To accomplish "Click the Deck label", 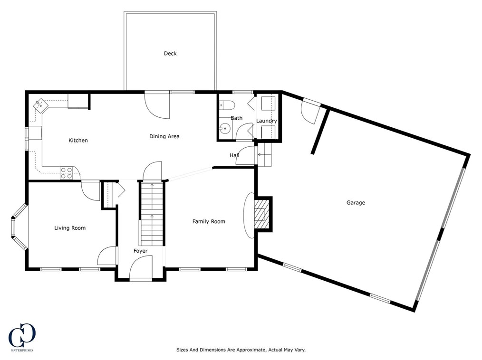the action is tap(170, 54).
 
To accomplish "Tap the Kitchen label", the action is tap(78, 141).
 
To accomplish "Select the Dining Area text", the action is tap(164, 136).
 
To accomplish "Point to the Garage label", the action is tap(356, 203).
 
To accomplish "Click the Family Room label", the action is tap(209, 221).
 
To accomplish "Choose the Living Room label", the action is tap(70, 228).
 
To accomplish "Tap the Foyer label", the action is tap(141, 251).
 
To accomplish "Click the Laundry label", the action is tap(267, 121).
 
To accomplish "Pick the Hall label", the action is tap(234, 155).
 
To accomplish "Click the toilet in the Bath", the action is tap(227, 105).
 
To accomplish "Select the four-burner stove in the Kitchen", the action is tap(67, 173).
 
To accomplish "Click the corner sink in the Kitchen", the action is tap(40, 105).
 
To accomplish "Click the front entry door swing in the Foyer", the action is tap(141, 268).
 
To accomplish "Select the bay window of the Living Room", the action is tap(19, 227).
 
